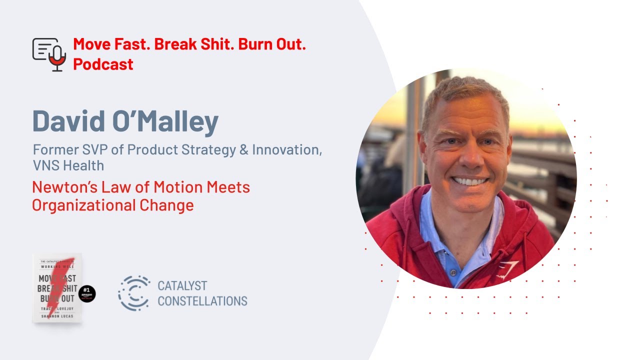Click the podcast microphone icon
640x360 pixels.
pos(49,54)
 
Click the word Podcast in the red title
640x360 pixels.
pos(103,64)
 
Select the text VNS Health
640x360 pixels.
pos(68,164)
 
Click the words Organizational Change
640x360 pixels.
pos(112,205)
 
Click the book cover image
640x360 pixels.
pos(57,288)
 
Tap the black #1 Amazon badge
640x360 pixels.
pos(87,294)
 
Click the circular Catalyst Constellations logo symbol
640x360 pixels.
pos(134,293)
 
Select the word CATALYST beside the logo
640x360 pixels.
pos(182,286)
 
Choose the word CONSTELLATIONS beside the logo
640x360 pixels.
pos(202,301)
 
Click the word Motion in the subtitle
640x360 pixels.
pos(175,187)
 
